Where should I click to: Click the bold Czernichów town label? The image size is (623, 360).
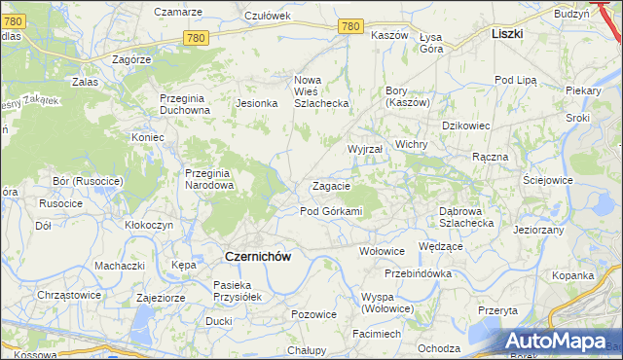point(258,256)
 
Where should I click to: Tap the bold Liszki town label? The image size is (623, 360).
point(507,33)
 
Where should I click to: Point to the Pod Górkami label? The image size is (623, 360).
point(331,211)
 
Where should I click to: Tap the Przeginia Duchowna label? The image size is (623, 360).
point(185,103)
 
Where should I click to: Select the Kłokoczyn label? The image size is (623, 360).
point(149,224)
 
